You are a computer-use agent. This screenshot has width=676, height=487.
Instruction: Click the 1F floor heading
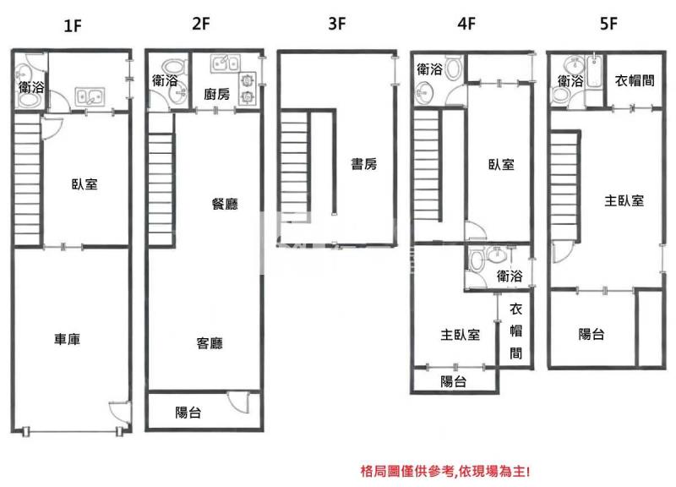coord(72,25)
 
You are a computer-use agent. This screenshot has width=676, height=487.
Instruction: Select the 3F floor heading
coord(336,24)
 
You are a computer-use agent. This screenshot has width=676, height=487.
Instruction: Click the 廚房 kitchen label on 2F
coord(216,95)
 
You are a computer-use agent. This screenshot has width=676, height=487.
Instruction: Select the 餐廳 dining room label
coord(225,203)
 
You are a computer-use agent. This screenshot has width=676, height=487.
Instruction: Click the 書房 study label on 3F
coord(364,165)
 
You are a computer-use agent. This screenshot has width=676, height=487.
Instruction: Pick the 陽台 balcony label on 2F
coord(188,413)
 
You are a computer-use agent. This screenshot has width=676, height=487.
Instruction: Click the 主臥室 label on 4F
coord(460,334)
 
